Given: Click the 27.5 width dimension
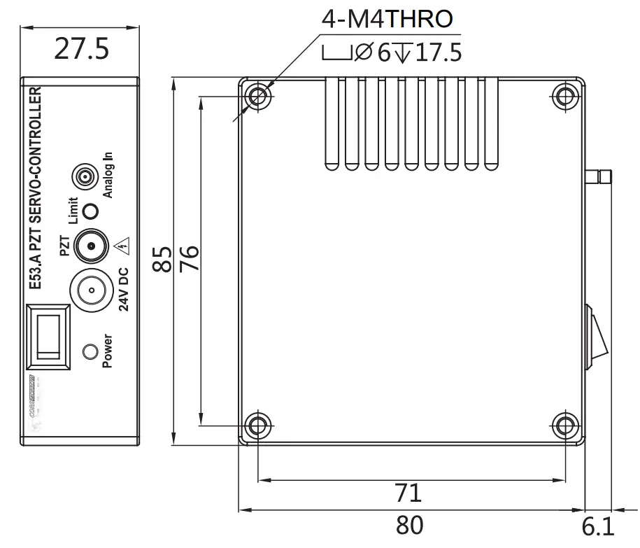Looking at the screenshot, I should (x=83, y=50).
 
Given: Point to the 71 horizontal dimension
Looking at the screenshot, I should (x=408, y=493).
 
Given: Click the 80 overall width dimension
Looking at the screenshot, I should (x=409, y=524).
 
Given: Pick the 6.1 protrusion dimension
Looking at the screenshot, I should (x=598, y=526).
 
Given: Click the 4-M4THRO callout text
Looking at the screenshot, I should (x=387, y=19).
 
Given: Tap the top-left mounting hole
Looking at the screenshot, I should (x=259, y=96).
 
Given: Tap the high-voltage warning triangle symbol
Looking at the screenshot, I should (x=124, y=244).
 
